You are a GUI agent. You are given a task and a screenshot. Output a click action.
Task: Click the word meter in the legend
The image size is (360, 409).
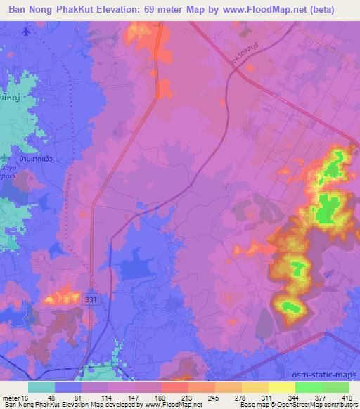coord(12,397)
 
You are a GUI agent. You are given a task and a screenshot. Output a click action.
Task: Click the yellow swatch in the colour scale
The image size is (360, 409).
coord(281,387)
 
